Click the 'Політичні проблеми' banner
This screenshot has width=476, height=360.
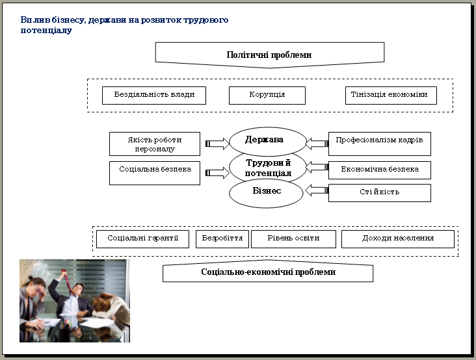tap(270, 55)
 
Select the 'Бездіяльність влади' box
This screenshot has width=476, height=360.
tap(154, 96)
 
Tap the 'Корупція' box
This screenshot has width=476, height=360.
tap(267, 96)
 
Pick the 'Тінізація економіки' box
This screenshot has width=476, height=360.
tap(391, 96)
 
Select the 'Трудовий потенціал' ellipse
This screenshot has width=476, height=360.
tap(268, 168)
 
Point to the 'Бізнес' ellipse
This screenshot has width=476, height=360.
tap(266, 192)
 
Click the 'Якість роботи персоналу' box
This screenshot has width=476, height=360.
tap(155, 144)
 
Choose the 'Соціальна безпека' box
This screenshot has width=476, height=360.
tap(155, 173)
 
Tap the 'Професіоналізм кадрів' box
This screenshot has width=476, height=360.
tap(380, 144)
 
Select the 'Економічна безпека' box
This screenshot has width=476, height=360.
tap(380, 170)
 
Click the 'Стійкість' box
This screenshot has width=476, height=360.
tap(380, 193)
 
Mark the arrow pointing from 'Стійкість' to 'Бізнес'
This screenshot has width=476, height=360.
tap(317, 190)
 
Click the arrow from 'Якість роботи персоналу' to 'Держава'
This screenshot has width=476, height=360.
tap(217, 144)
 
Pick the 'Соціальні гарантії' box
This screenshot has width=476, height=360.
tap(142, 239)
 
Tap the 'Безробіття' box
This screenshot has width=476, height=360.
tap(222, 239)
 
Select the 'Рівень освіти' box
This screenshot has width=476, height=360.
tap(293, 239)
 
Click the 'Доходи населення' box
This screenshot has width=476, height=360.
tap(398, 239)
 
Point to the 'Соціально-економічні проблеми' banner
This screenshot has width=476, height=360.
tap(268, 271)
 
